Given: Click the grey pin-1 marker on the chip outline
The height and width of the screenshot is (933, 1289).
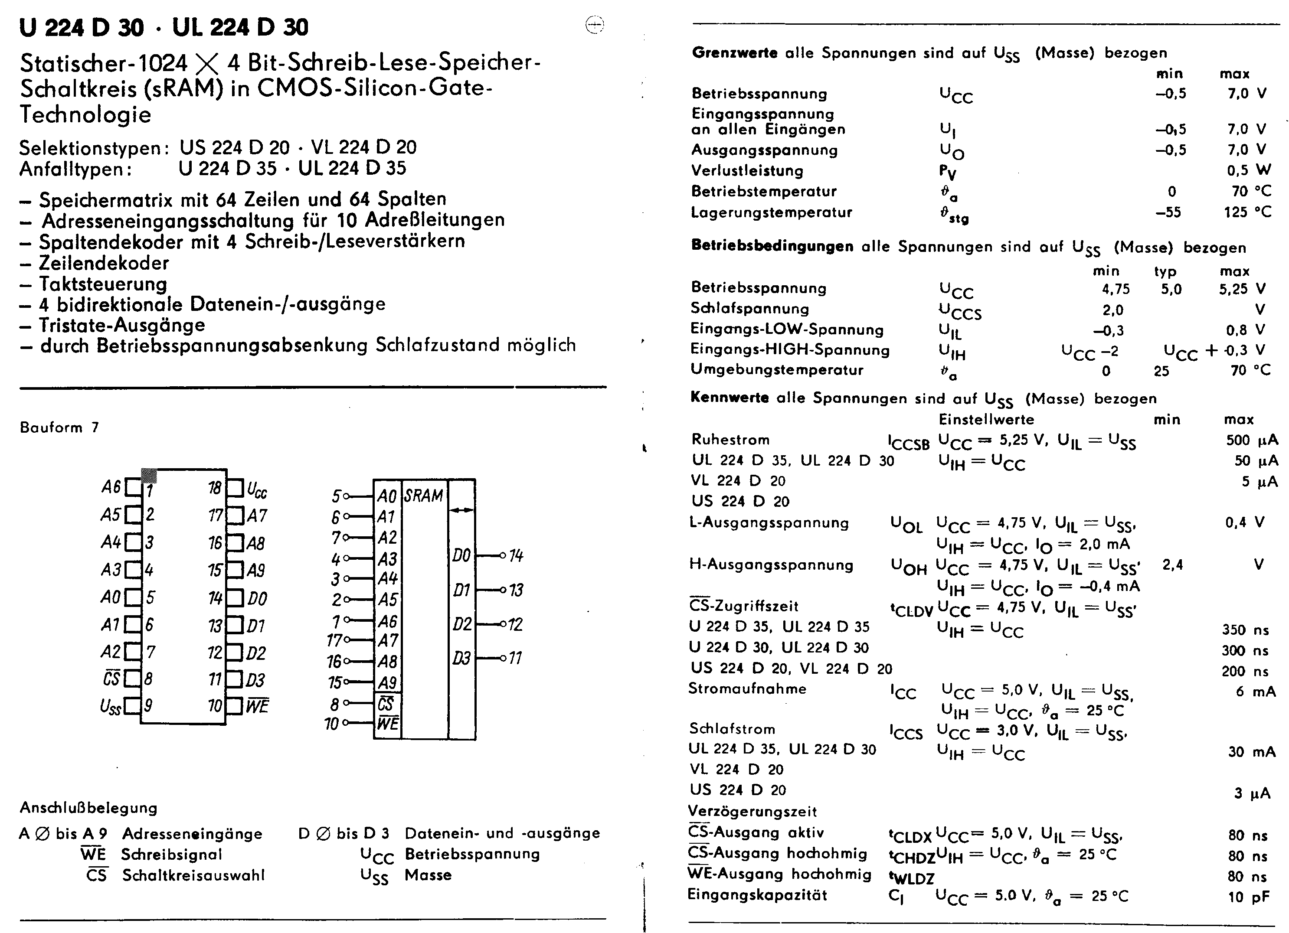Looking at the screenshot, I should pos(149,476).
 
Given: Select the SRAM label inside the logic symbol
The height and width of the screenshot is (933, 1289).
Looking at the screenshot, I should pos(423,496).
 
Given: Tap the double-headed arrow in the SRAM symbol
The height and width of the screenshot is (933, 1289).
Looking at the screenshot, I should pos(461,510).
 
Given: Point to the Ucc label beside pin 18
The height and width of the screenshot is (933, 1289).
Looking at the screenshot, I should pos(257,489).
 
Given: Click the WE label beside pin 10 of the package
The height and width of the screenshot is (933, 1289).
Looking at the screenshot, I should pos(258,706).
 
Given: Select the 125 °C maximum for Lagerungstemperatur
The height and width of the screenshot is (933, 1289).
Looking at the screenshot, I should pos(1247,212).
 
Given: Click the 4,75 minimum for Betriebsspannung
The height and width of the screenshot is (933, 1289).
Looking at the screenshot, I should pos(1116,289).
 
